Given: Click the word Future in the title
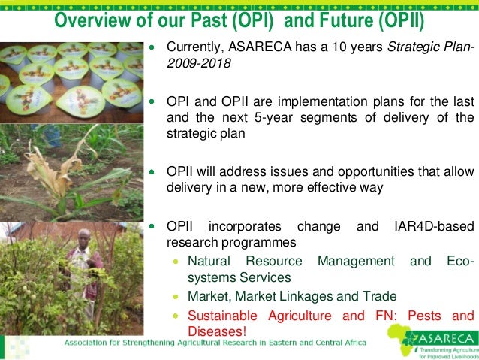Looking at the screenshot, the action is click(346, 20).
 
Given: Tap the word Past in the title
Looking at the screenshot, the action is click(208, 20).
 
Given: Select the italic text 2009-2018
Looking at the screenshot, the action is click(199, 63).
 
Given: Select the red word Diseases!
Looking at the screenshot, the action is click(217, 331).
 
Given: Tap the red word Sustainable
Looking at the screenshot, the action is click(223, 316).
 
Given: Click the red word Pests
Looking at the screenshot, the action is click(424, 316).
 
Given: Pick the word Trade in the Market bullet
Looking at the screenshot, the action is click(380, 296).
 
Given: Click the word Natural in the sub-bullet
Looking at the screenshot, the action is click(209, 261).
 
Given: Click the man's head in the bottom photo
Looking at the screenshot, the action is click(84, 237).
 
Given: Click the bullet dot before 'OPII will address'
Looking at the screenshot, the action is click(152, 172).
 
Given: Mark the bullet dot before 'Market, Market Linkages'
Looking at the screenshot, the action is click(176, 296).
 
